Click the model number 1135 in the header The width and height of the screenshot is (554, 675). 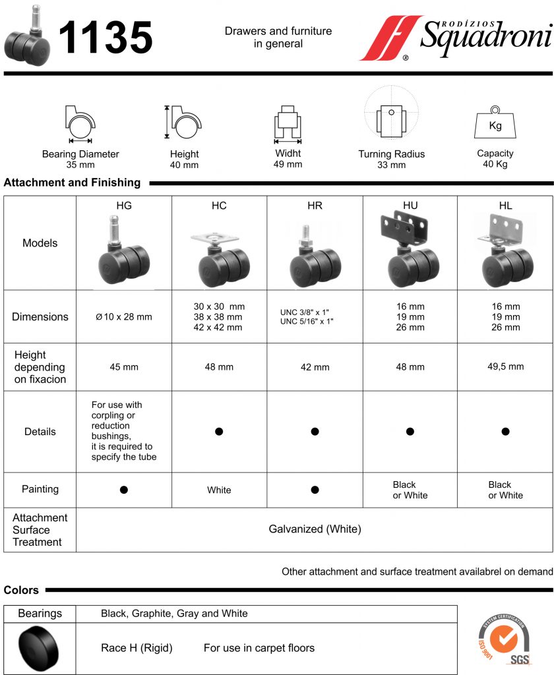[106, 38]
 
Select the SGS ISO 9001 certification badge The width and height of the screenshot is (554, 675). [505, 639]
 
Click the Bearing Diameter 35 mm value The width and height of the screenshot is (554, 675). [80, 165]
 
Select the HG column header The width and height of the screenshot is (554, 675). [124, 206]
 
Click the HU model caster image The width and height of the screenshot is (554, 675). [410, 250]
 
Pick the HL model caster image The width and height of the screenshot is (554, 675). [505, 251]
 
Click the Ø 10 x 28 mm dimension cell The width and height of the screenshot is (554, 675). [124, 317]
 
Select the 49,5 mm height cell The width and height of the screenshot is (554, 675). [505, 367]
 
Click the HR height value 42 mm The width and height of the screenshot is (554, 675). [315, 367]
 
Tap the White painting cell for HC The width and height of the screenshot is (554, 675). [219, 490]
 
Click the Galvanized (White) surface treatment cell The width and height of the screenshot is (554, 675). [315, 529]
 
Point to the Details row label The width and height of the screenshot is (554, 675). [40, 432]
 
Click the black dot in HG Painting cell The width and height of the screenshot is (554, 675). [123, 490]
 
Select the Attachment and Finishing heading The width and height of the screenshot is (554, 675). [72, 183]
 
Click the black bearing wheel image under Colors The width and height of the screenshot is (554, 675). [40, 648]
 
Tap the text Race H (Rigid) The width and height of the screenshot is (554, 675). [137, 648]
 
